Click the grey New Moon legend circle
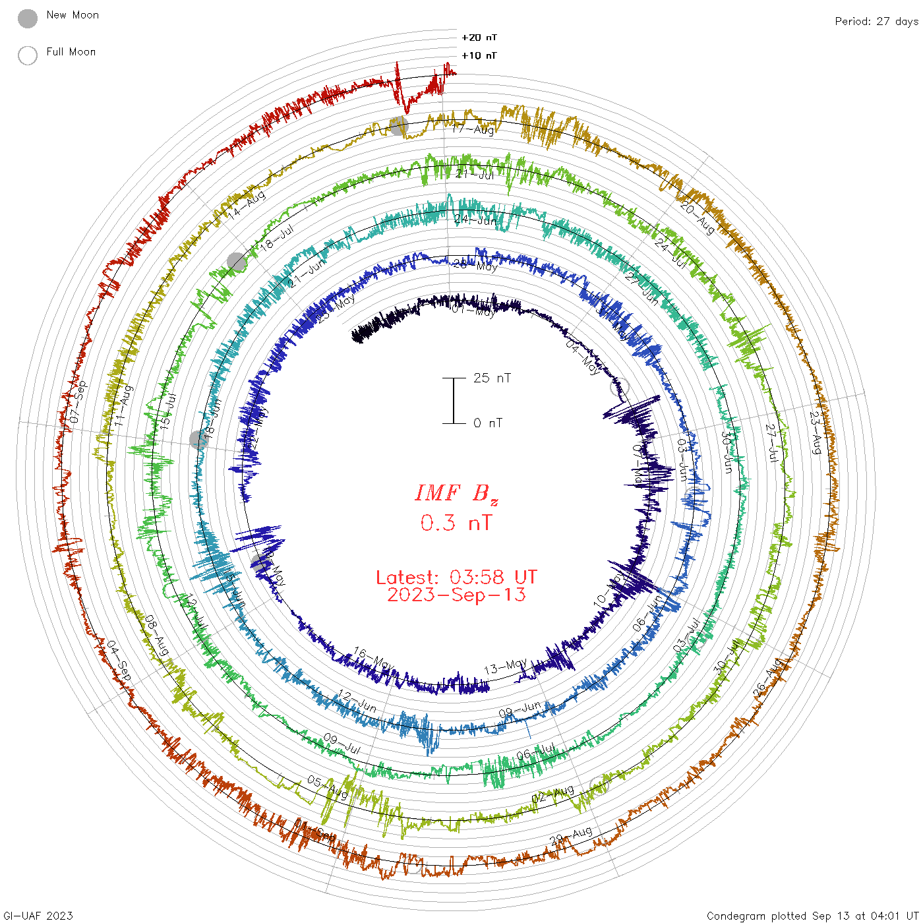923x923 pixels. pos(28,19)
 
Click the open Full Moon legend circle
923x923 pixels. pos(28,55)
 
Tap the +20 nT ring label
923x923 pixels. pos(479,38)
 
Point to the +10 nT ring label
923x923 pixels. pos(479,55)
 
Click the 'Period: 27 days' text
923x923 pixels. pos(876,21)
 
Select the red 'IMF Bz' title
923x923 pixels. pos(456,493)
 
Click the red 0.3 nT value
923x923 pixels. pos(456,523)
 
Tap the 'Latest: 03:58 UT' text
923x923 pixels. pos(456,578)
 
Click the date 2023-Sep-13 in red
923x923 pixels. pos(456,595)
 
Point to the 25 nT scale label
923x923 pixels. pos(492,378)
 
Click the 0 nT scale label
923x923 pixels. pos(487,423)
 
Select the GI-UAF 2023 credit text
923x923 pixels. pos(38,915)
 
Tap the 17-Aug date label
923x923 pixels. pos(473,129)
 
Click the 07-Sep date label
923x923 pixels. pos(78,402)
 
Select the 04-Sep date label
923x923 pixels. pos(119,660)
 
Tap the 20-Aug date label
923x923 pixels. pos(698,218)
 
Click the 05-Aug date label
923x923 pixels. pos(327,787)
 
